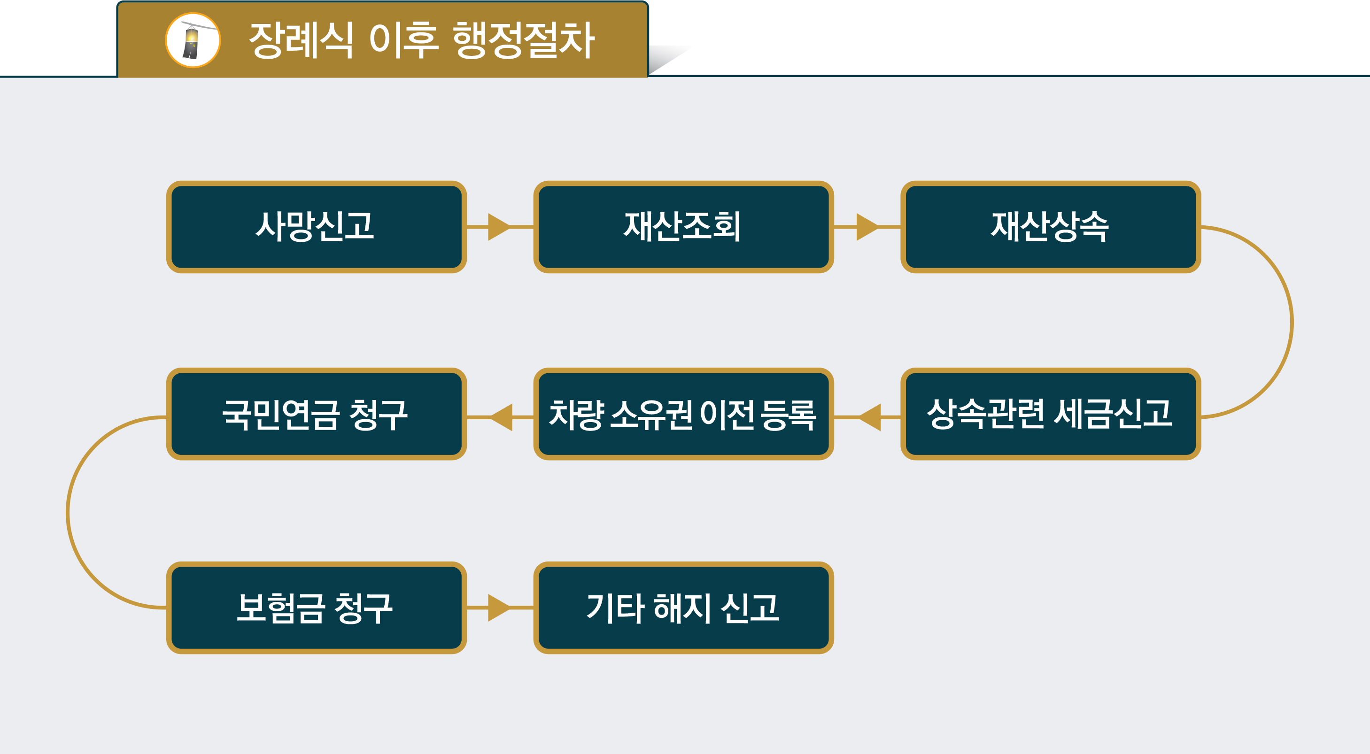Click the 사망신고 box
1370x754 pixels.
point(317,227)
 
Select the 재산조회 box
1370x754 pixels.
point(683,227)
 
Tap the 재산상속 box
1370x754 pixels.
point(1050,227)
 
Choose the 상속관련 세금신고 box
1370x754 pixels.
point(1050,414)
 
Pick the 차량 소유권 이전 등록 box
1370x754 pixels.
point(683,414)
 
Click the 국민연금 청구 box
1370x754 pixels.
point(317,414)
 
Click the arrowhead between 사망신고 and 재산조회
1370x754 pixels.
point(498,227)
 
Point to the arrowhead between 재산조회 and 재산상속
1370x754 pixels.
point(867,227)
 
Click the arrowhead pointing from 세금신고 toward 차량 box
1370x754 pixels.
point(871,417)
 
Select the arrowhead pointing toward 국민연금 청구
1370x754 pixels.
point(503,417)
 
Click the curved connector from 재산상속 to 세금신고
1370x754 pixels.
point(1291,322)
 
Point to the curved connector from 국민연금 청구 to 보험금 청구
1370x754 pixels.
point(68,513)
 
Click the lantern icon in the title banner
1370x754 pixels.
point(193,40)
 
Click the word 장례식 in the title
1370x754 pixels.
point(301,40)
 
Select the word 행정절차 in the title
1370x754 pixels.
point(523,40)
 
